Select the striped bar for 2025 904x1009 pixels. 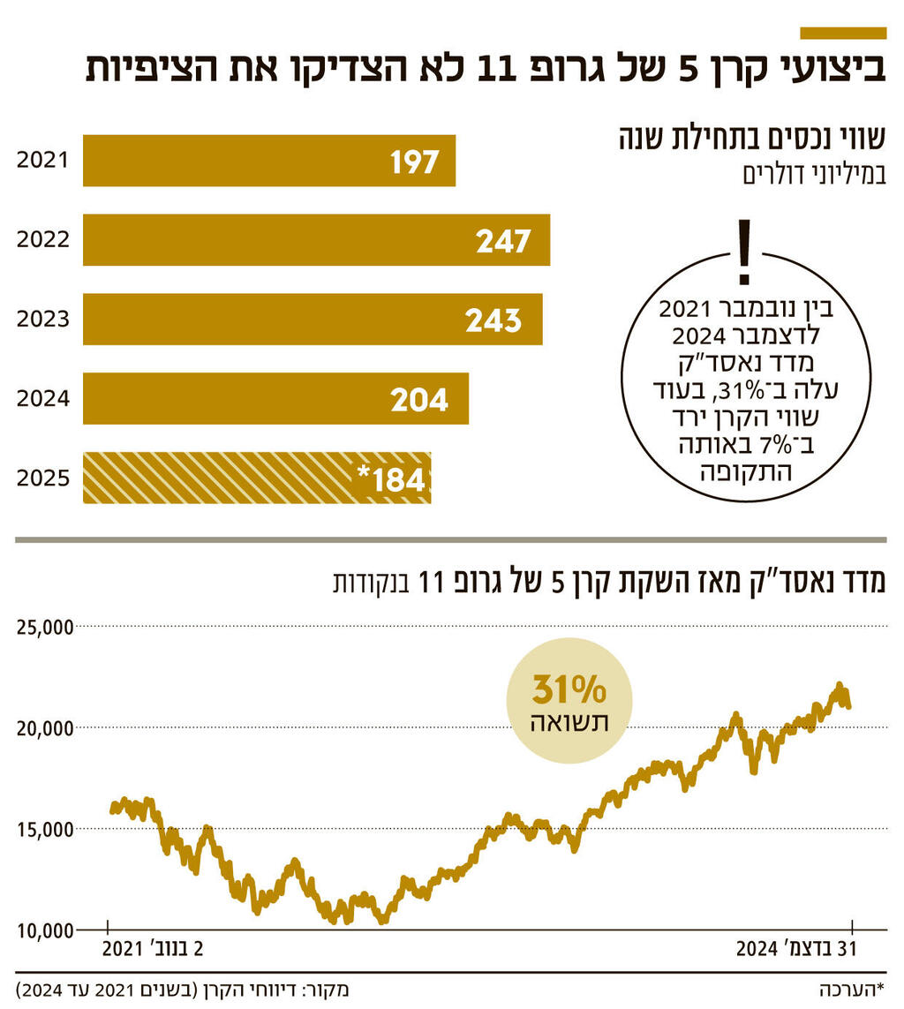[x=256, y=478]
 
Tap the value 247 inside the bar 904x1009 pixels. [x=503, y=241]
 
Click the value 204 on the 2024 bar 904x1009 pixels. [x=420, y=400]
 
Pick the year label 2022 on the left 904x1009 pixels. [x=42, y=240]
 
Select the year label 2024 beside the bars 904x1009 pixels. [x=42, y=399]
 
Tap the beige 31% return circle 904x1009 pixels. [x=569, y=700]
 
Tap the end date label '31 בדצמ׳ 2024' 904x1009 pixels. [x=797, y=951]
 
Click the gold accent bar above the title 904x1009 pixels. [x=842, y=33]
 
